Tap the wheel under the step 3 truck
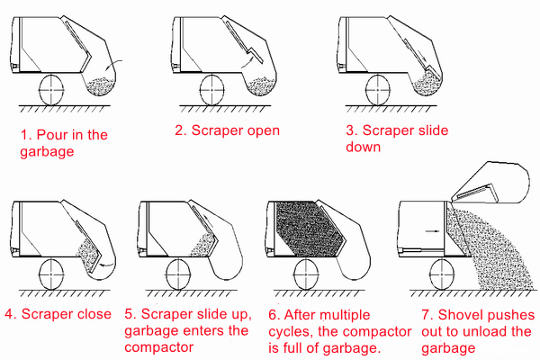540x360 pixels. point(380,89)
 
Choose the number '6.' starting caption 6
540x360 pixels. point(274,314)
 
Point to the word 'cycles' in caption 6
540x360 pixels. point(290,330)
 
